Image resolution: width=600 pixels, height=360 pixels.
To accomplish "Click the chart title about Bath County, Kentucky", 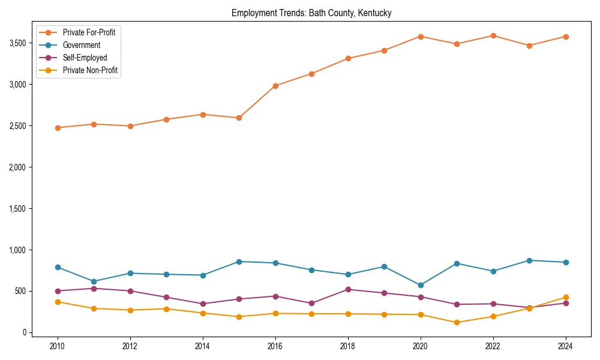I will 311,13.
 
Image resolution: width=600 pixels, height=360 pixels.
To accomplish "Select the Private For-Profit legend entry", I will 89,32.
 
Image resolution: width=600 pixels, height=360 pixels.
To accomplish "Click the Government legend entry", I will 82,45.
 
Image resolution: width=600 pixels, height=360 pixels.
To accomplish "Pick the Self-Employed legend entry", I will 85,58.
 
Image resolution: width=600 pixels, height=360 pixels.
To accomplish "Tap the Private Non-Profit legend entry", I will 90,71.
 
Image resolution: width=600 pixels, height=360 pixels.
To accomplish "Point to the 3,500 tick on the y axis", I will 17,43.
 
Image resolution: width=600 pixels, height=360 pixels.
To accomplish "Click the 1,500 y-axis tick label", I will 17,209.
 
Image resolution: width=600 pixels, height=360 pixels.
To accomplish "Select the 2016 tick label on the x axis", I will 275,346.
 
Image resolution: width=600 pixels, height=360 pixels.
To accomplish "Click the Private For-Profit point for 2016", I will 275,86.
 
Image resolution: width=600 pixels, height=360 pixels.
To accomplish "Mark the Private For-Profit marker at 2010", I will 58,128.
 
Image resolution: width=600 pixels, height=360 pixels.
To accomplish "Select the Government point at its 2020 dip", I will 421,285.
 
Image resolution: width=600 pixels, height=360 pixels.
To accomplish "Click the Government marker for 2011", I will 94,281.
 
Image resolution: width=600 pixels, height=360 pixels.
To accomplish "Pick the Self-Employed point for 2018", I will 348,289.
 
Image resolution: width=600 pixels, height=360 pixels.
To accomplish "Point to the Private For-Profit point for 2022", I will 493,36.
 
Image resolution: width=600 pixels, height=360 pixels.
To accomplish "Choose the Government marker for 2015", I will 239,262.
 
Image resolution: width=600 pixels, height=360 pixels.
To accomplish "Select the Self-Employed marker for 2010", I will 58,291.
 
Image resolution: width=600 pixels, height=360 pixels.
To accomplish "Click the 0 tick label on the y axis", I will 25,332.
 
